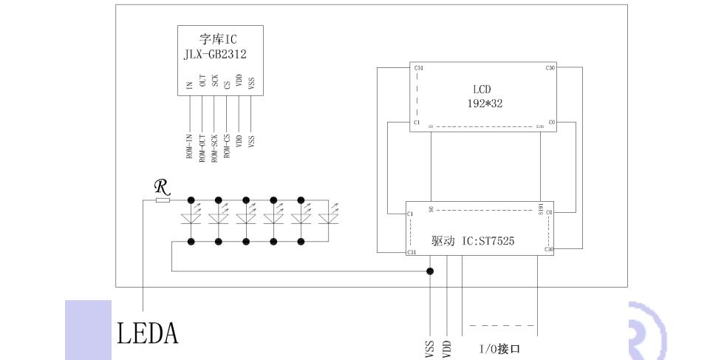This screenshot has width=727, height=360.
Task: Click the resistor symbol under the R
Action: tap(163, 200)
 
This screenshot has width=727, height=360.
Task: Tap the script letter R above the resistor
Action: tap(160, 187)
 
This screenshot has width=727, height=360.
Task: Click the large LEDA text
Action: tap(148, 333)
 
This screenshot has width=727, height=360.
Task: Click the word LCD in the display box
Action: tap(482, 89)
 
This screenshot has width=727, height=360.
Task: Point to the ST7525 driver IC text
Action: tap(484, 241)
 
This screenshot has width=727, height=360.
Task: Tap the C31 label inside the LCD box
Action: tap(419, 68)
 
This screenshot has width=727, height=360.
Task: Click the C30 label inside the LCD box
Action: tap(550, 68)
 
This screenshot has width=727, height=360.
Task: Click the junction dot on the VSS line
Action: tap(431, 271)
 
